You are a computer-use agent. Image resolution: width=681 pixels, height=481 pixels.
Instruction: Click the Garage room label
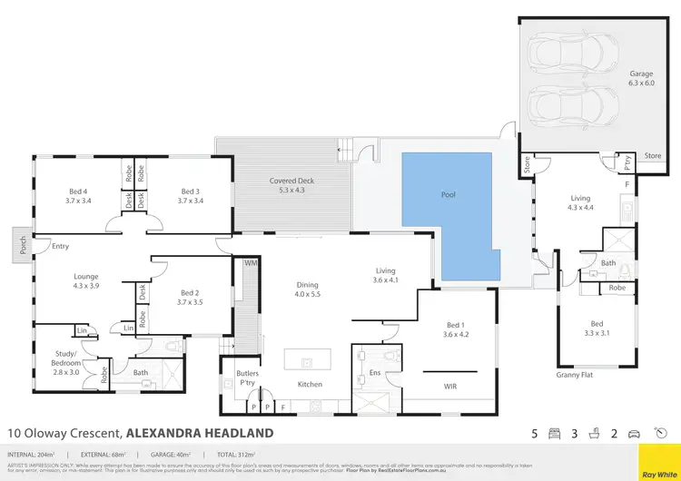coord(642,78)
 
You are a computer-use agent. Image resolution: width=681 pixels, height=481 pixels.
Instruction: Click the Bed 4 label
coord(79,196)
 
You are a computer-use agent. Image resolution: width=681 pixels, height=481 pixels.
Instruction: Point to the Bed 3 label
coord(190,196)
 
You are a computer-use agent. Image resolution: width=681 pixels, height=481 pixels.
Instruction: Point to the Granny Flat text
coord(573,374)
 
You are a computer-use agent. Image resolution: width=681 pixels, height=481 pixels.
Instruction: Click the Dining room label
coord(306,290)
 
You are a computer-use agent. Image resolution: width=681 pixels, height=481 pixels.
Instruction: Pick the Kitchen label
coord(310,384)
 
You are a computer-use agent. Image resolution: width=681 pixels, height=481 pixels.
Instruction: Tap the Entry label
coord(61,246)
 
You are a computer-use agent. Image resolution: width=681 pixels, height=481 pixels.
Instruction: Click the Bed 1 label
coord(455,329)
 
